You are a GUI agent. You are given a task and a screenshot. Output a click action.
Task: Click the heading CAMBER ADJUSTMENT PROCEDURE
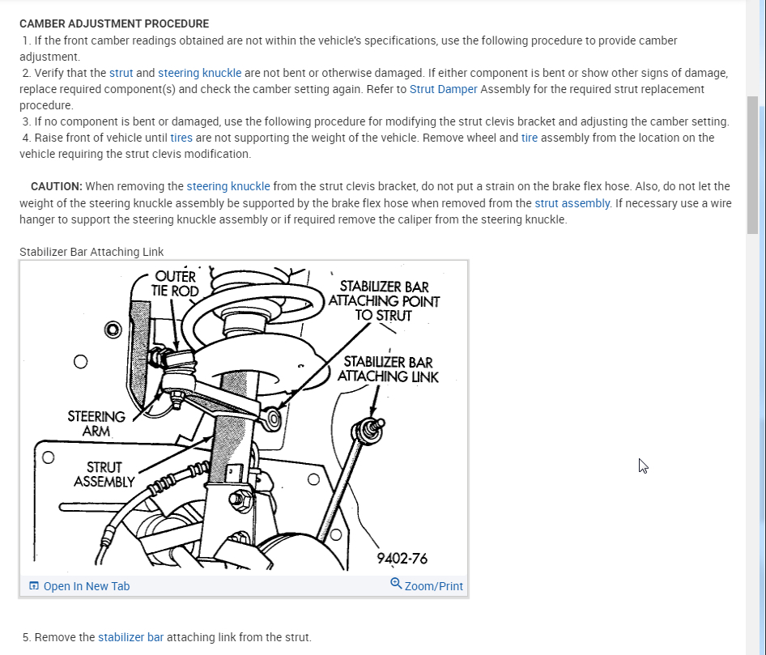tap(114, 23)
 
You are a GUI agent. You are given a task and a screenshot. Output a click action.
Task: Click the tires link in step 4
tap(181, 138)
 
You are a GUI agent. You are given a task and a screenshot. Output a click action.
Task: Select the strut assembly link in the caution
tap(572, 203)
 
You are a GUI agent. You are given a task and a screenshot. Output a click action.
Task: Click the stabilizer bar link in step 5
tap(130, 637)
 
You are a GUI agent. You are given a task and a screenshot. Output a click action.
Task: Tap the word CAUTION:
tap(56, 186)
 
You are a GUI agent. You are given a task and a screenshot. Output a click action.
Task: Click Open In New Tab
tap(86, 586)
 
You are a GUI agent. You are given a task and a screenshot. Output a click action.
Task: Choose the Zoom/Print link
tap(433, 586)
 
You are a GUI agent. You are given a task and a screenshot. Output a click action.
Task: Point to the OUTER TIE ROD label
tap(175, 283)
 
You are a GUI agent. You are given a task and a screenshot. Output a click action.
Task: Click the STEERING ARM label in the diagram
tap(96, 423)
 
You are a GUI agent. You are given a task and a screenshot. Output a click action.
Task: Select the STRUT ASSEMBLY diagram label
tap(104, 474)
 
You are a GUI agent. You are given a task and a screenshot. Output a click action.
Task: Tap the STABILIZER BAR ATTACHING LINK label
tap(388, 369)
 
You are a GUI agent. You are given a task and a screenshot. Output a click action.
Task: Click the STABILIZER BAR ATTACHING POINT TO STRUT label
tap(384, 300)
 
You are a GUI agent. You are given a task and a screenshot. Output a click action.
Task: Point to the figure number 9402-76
tap(402, 559)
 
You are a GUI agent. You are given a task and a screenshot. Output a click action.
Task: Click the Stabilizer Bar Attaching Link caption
tap(91, 252)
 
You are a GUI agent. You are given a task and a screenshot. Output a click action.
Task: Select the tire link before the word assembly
tap(530, 138)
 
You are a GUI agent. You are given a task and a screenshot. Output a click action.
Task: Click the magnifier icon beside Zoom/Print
tap(396, 584)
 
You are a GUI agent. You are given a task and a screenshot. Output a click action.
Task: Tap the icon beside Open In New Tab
tap(33, 586)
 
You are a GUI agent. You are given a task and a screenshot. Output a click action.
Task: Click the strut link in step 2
tap(121, 73)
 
